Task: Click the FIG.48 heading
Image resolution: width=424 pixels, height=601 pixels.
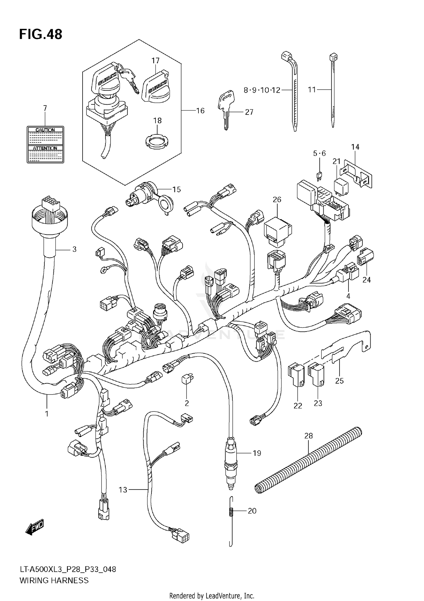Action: (x=41, y=35)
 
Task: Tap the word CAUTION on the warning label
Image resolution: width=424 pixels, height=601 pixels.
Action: (x=45, y=130)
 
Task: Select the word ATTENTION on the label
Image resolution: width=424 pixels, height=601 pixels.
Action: (x=45, y=148)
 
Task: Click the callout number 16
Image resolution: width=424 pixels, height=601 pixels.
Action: (x=200, y=111)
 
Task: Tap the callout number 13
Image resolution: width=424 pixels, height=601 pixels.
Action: (x=123, y=490)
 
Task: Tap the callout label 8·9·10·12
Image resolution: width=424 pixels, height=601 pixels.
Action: (x=262, y=90)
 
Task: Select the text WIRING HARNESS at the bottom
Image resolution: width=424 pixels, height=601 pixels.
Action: (x=54, y=580)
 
